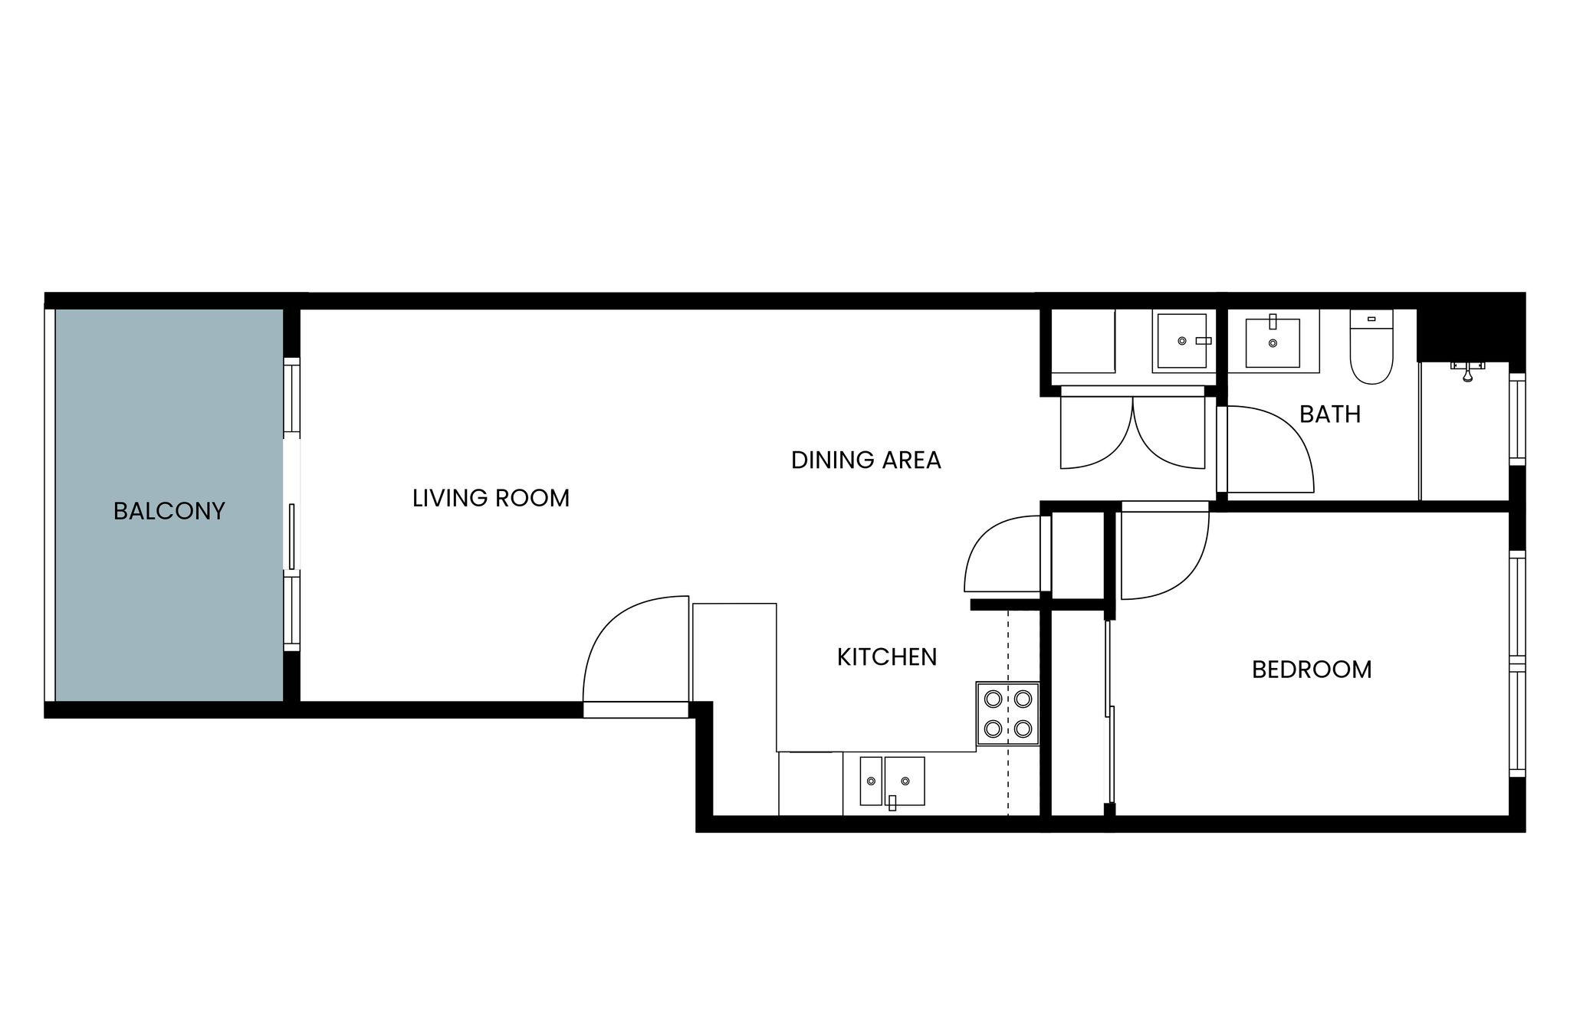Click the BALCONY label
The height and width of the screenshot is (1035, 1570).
[169, 511]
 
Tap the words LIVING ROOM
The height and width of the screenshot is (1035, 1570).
[491, 498]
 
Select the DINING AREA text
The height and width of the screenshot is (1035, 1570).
[865, 460]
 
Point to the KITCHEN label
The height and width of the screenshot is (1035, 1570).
[887, 657]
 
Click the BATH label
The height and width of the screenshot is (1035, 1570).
[1330, 414]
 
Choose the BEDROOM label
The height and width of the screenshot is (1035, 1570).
[1312, 670]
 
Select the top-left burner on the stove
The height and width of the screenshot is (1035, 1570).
[994, 699]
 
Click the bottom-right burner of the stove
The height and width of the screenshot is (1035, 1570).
[1023, 729]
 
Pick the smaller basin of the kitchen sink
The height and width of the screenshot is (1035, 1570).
[871, 781]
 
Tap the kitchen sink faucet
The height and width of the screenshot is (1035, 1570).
[892, 802]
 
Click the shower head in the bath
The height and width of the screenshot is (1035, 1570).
[1467, 371]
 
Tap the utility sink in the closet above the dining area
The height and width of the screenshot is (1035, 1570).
[1181, 340]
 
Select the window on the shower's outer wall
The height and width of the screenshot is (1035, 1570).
[1517, 418]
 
